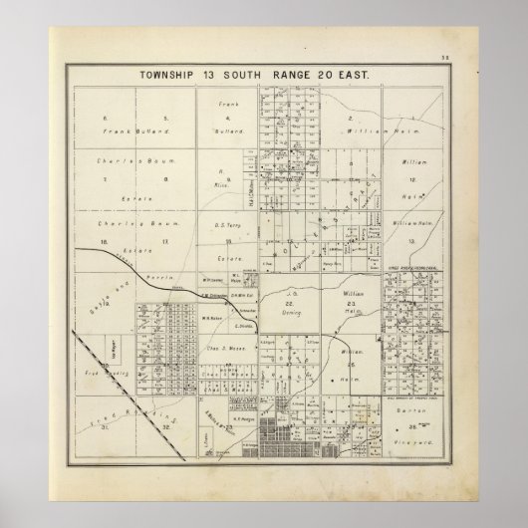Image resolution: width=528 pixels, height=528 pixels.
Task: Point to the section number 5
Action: pos(148,119)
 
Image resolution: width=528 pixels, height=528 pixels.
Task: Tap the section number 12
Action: pos(410,177)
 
